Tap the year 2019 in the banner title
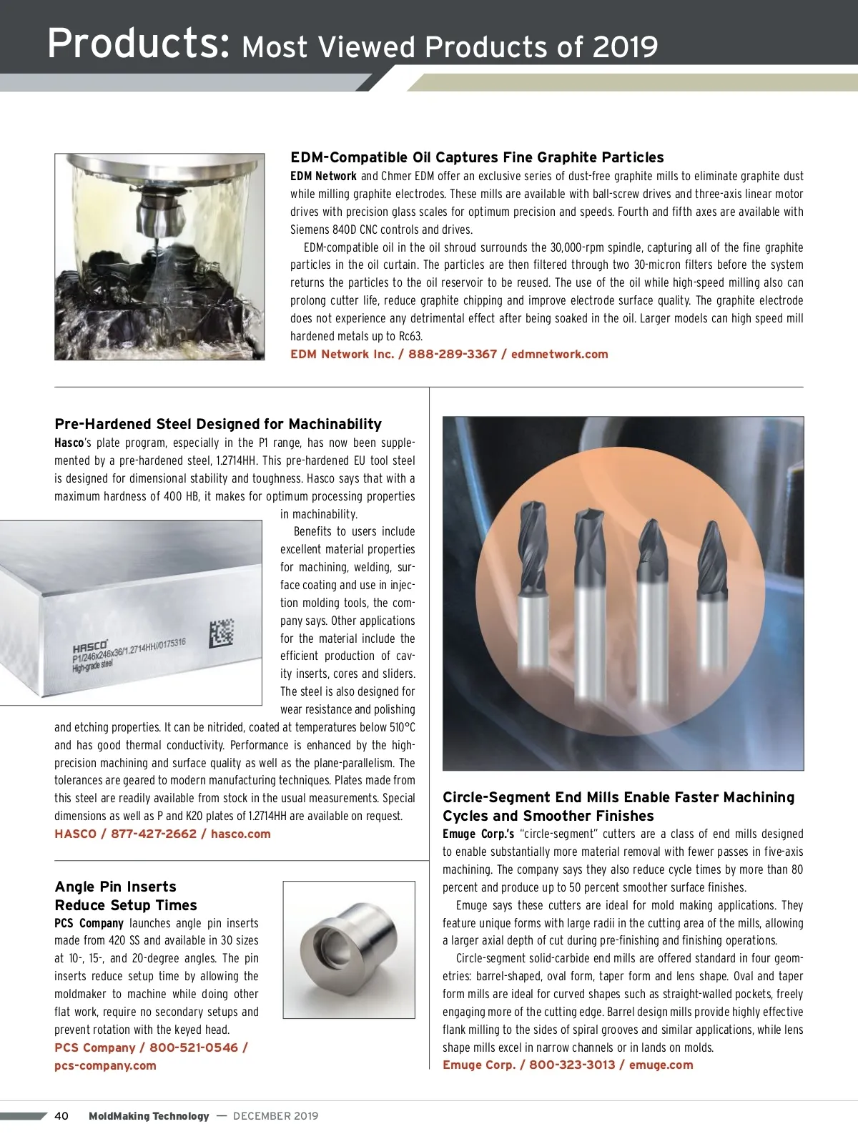point(624,47)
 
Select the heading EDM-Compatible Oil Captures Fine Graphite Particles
point(477,157)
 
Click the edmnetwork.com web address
point(559,354)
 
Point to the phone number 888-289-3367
point(452,354)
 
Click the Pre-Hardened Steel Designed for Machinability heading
point(218,424)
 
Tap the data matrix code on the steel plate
point(222,632)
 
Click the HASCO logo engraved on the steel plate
point(90,646)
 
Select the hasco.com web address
point(240,834)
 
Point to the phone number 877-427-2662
point(153,834)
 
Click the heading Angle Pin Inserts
point(115,887)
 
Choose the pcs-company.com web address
point(105,1065)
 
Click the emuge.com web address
point(661,1065)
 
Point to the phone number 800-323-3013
point(571,1065)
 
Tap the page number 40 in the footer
point(61,1116)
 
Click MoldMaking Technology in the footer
point(149,1116)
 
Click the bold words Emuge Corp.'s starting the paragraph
point(478,834)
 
